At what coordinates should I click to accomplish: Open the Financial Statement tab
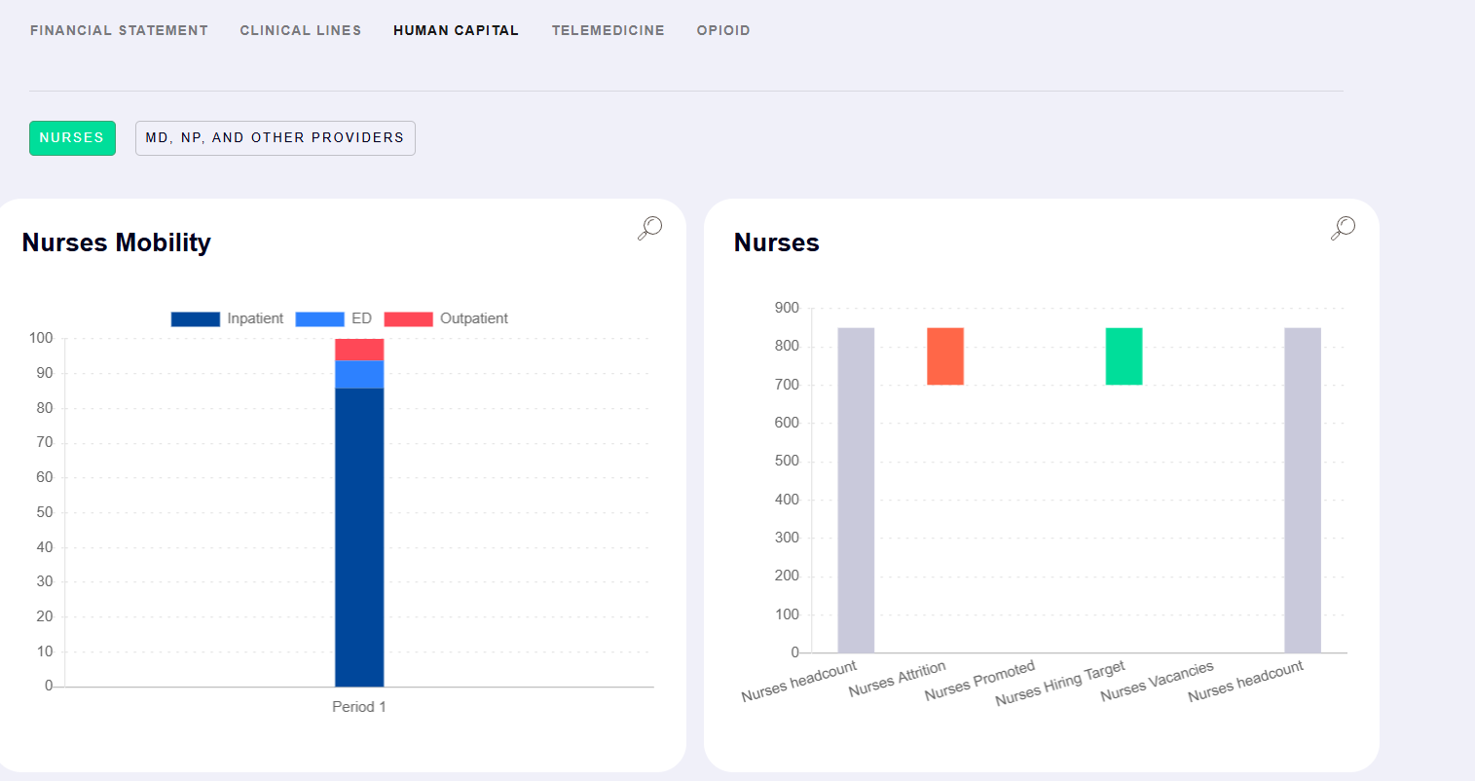coord(119,30)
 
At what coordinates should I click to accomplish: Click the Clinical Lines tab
coord(300,30)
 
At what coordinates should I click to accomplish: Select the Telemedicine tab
coord(608,30)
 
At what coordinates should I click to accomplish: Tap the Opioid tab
coord(723,30)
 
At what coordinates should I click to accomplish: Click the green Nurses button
coord(72,138)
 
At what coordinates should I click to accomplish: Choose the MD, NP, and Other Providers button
coord(275,138)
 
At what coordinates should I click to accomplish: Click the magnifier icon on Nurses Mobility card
coord(649,228)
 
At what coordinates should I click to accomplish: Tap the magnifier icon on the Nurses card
coord(1343,228)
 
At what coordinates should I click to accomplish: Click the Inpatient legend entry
coord(228,318)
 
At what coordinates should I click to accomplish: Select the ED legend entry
coord(333,318)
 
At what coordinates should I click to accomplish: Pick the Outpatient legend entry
coord(446,318)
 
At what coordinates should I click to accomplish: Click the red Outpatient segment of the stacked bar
coord(359,350)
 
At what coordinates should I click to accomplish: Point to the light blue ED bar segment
coord(359,374)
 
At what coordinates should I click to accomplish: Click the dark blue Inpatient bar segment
coord(359,536)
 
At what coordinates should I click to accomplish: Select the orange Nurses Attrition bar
coord(944,356)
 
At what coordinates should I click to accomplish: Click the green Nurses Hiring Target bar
coord(1124,356)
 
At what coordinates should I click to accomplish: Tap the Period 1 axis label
coord(359,707)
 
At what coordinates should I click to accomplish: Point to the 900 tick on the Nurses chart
coord(787,308)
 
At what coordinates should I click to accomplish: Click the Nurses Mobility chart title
coord(116,242)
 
